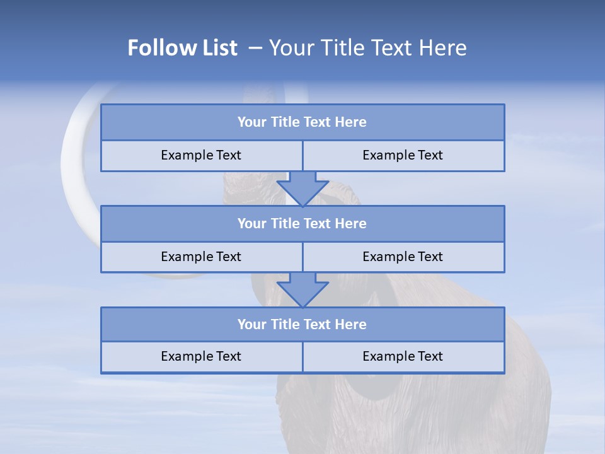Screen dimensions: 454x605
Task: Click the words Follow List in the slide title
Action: click(182, 48)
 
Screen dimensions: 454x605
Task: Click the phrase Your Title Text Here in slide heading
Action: click(368, 48)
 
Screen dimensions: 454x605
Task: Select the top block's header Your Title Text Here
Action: click(302, 122)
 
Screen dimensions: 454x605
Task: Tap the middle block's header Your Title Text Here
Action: click(302, 224)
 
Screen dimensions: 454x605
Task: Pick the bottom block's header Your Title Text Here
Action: click(302, 325)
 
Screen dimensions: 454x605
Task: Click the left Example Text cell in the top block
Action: click(201, 156)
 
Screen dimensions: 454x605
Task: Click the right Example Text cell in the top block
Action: click(403, 156)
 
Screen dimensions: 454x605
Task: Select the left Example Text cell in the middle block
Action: click(201, 257)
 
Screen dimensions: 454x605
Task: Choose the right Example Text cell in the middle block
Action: click(403, 257)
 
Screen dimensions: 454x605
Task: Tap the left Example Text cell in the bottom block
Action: click(201, 357)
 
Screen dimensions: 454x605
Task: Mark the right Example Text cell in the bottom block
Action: click(403, 357)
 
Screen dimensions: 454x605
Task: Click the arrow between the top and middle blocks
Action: click(302, 188)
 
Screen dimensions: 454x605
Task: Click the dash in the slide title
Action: click(255, 48)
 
